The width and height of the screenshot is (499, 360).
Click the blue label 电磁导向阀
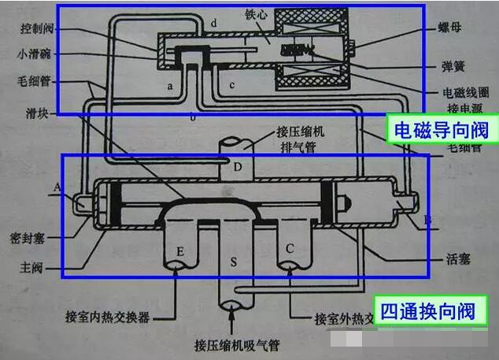[444, 129]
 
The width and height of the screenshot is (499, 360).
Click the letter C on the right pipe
[290, 249]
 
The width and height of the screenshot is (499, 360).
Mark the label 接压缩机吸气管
[233, 344]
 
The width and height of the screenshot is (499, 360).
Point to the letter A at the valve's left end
[56, 187]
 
